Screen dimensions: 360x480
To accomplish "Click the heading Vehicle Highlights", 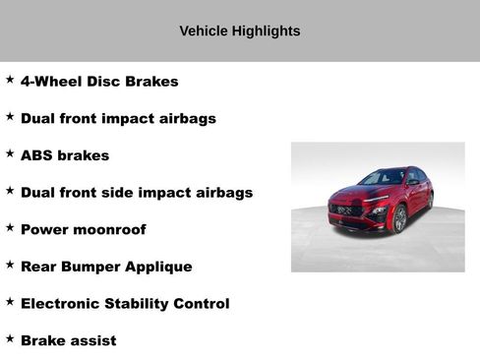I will click(x=239, y=30).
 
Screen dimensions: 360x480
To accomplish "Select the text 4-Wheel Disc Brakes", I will click(x=99, y=82).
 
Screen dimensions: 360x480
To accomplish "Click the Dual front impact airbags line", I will click(x=118, y=119).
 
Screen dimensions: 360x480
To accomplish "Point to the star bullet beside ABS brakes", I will click(x=10, y=153).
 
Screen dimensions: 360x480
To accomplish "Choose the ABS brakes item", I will click(x=65, y=155).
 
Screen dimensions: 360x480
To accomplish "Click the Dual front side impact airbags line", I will click(x=136, y=193).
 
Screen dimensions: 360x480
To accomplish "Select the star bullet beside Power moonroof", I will click(x=10, y=227).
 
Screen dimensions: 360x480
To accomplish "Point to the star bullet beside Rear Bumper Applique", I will click(x=10, y=265).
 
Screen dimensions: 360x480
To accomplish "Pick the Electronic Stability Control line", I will click(x=125, y=304).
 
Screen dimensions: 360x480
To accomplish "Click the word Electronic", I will click(x=61, y=304).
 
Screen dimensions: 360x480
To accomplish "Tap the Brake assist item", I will click(x=68, y=341).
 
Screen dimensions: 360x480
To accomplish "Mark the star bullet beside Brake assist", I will click(x=10, y=338).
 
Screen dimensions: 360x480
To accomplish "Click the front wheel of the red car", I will click(x=400, y=219).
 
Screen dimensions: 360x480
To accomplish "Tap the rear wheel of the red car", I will click(x=430, y=200).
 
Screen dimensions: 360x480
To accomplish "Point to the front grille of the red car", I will click(x=346, y=210).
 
